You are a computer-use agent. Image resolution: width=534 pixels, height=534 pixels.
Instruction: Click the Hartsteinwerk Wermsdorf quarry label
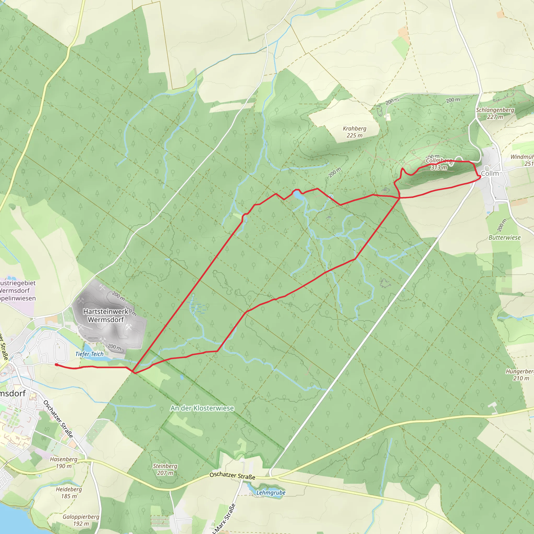(106, 315)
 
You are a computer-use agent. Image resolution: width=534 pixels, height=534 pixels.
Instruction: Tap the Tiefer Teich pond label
(89, 354)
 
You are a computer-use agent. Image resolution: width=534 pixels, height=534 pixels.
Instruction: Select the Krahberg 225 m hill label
(354, 132)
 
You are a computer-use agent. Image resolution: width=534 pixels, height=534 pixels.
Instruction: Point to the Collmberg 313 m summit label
(439, 164)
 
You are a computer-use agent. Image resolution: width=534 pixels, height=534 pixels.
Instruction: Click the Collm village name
(490, 173)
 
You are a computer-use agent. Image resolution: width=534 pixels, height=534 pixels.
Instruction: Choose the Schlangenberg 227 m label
(495, 113)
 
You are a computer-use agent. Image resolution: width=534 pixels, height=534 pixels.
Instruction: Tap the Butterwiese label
(505, 238)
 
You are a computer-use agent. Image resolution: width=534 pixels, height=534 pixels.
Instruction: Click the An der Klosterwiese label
(202, 408)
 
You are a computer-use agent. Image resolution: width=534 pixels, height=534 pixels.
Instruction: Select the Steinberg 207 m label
(165, 469)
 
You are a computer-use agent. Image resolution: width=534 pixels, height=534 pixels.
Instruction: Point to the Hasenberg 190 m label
(64, 462)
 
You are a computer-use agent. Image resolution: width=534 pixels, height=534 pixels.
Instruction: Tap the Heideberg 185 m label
(69, 493)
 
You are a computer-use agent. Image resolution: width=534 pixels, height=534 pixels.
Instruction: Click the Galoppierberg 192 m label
(81, 520)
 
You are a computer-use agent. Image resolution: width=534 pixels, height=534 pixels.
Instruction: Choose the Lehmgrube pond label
(271, 493)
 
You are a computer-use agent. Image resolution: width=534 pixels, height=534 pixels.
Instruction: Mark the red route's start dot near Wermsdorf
(56, 365)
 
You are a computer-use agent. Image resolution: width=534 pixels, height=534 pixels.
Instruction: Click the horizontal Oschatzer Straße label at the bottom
(232, 476)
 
